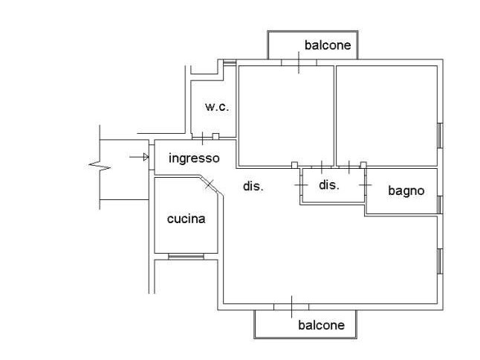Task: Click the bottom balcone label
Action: (321, 325)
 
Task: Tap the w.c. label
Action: (217, 107)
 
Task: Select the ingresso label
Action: (194, 158)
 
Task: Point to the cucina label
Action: (186, 219)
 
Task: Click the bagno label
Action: (406, 190)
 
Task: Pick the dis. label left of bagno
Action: (329, 184)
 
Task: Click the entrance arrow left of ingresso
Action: (138, 157)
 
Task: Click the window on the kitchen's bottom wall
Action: (186, 257)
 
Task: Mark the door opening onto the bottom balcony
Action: (291, 306)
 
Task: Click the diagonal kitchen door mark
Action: (210, 183)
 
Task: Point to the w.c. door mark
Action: (203, 138)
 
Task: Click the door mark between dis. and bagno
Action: (365, 181)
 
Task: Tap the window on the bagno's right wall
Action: (440, 203)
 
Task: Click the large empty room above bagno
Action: (386, 115)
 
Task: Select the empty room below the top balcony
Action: (285, 115)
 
